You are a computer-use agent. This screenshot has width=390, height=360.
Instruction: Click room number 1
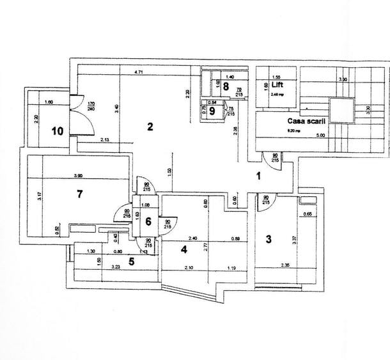click(x=259, y=175)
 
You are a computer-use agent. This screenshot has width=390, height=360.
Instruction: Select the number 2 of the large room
click(x=150, y=127)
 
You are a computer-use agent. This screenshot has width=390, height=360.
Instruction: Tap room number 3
click(x=269, y=239)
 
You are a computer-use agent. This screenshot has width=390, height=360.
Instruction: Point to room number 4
click(x=183, y=249)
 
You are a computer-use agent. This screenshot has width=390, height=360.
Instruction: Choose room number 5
click(x=132, y=260)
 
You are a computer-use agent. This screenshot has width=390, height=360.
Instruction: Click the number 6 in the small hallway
click(x=148, y=222)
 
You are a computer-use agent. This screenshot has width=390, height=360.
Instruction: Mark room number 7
click(x=79, y=194)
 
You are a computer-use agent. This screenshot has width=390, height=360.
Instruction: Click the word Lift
click(x=277, y=84)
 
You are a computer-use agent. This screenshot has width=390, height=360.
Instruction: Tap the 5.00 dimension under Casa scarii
click(x=320, y=135)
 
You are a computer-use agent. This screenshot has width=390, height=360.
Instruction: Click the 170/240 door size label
click(x=91, y=106)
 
